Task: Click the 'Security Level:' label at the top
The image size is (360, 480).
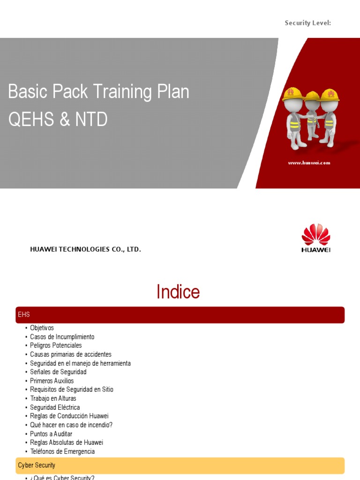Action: click(x=308, y=23)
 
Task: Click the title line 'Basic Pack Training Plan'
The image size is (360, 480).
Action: click(x=98, y=92)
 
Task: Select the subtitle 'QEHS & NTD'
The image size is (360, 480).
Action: click(x=58, y=120)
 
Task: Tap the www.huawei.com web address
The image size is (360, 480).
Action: click(x=309, y=163)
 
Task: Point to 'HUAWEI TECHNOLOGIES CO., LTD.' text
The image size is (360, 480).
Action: click(x=85, y=249)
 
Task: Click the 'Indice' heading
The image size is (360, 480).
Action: click(x=178, y=292)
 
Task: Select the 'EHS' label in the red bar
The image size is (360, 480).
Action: click(x=24, y=315)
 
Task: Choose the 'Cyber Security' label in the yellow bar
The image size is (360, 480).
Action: click(x=37, y=465)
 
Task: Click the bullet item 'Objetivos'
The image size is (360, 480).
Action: click(x=42, y=328)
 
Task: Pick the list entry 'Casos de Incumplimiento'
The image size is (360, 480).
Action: click(x=62, y=337)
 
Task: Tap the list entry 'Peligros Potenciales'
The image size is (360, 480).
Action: click(x=56, y=345)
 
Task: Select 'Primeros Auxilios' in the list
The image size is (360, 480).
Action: click(x=52, y=381)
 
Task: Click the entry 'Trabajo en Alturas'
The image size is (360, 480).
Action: click(x=53, y=398)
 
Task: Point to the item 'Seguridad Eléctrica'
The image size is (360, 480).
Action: click(x=55, y=407)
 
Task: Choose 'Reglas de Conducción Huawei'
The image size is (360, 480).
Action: click(x=69, y=416)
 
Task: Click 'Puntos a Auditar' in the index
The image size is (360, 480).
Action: click(x=51, y=434)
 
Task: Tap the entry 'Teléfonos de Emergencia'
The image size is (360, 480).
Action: click(x=62, y=451)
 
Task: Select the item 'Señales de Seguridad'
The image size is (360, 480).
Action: click(x=58, y=372)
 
